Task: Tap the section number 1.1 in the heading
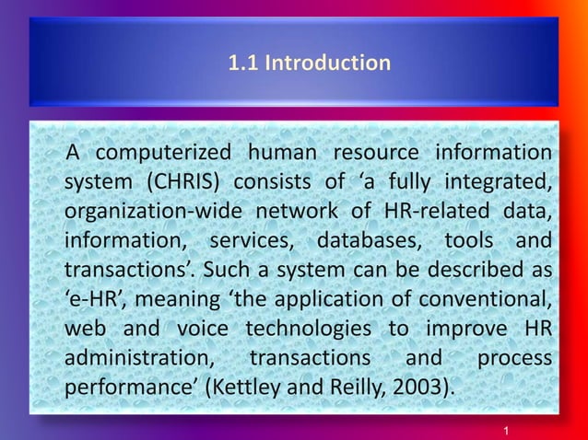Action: pos(243,64)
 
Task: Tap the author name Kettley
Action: pos(247,387)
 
